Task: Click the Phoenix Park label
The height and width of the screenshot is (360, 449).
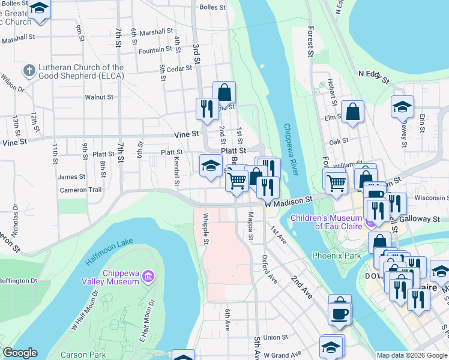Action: pos(336,256)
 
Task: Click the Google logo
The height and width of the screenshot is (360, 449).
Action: pos(20,353)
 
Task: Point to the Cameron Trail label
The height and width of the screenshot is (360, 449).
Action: pos(81,190)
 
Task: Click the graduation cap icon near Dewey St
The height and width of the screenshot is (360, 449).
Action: pos(402,106)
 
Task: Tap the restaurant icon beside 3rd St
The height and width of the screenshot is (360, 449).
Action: pos(206,108)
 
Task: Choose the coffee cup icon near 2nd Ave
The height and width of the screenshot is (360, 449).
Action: pos(340,313)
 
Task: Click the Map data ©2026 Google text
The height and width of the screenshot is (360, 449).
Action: pos(411,355)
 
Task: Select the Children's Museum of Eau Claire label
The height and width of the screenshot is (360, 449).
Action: pos(327,221)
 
